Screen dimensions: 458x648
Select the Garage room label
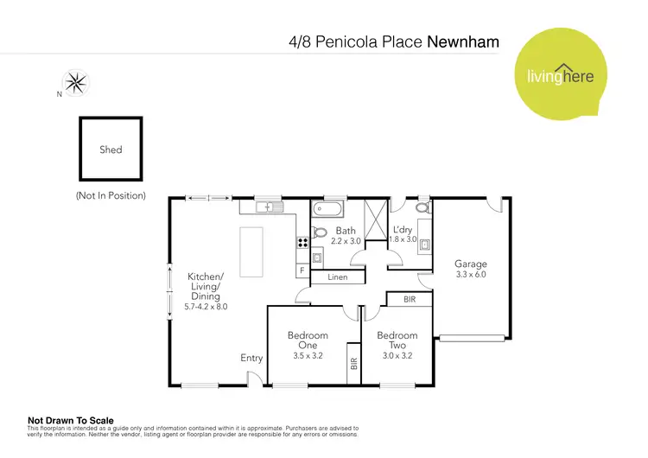click(x=471, y=264)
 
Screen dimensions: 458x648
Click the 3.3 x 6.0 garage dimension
click(x=471, y=274)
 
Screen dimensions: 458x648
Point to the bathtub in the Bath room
click(x=329, y=209)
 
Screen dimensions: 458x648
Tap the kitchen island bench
click(x=251, y=251)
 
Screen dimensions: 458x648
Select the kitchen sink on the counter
click(x=270, y=207)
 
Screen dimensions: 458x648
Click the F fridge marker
click(x=302, y=270)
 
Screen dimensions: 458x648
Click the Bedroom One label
click(x=308, y=340)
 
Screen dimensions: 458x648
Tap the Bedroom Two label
click(x=397, y=340)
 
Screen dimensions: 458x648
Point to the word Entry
click(x=251, y=358)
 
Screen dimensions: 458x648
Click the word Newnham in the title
click(x=463, y=41)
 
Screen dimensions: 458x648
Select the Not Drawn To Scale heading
click(x=71, y=421)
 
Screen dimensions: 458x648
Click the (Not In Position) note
click(x=111, y=196)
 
